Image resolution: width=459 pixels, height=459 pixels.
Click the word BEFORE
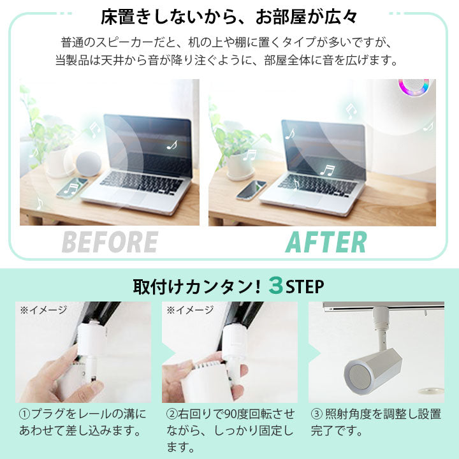pyautogui.click(x=109, y=242)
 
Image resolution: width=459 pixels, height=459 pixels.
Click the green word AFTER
pyautogui.click(x=326, y=242)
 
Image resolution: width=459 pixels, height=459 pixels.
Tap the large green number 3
pyautogui.click(x=275, y=285)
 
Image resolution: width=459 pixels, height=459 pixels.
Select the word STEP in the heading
pyautogui.click(x=305, y=285)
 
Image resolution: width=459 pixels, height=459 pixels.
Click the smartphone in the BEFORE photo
pyautogui.click(x=71, y=187)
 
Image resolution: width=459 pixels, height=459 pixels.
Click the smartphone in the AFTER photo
pyautogui.click(x=251, y=189)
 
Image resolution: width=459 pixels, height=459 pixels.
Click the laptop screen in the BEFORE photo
pyautogui.click(x=147, y=144)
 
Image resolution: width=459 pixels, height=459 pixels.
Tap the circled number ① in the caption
pyautogui.click(x=24, y=414)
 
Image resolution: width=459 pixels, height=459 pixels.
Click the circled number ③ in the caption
pyautogui.click(x=317, y=414)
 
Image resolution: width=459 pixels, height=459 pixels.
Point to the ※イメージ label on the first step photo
pyautogui.click(x=43, y=310)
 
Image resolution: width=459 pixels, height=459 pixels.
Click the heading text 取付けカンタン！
pyautogui.click(x=197, y=286)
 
